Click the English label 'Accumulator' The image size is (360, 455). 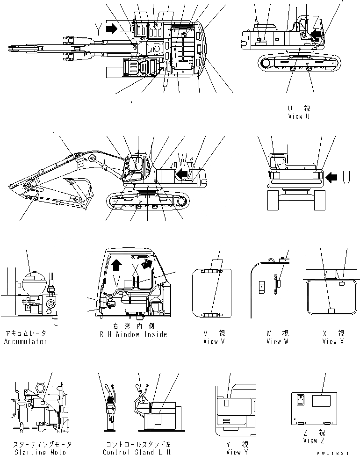coord(26,341)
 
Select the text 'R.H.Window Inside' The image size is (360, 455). coord(134,334)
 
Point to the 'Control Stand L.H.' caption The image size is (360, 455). coord(138,452)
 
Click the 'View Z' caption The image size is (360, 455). coord(310,441)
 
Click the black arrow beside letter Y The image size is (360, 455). coord(112,29)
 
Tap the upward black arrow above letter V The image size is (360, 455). coord(116,266)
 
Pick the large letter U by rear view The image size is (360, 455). coord(347,177)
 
